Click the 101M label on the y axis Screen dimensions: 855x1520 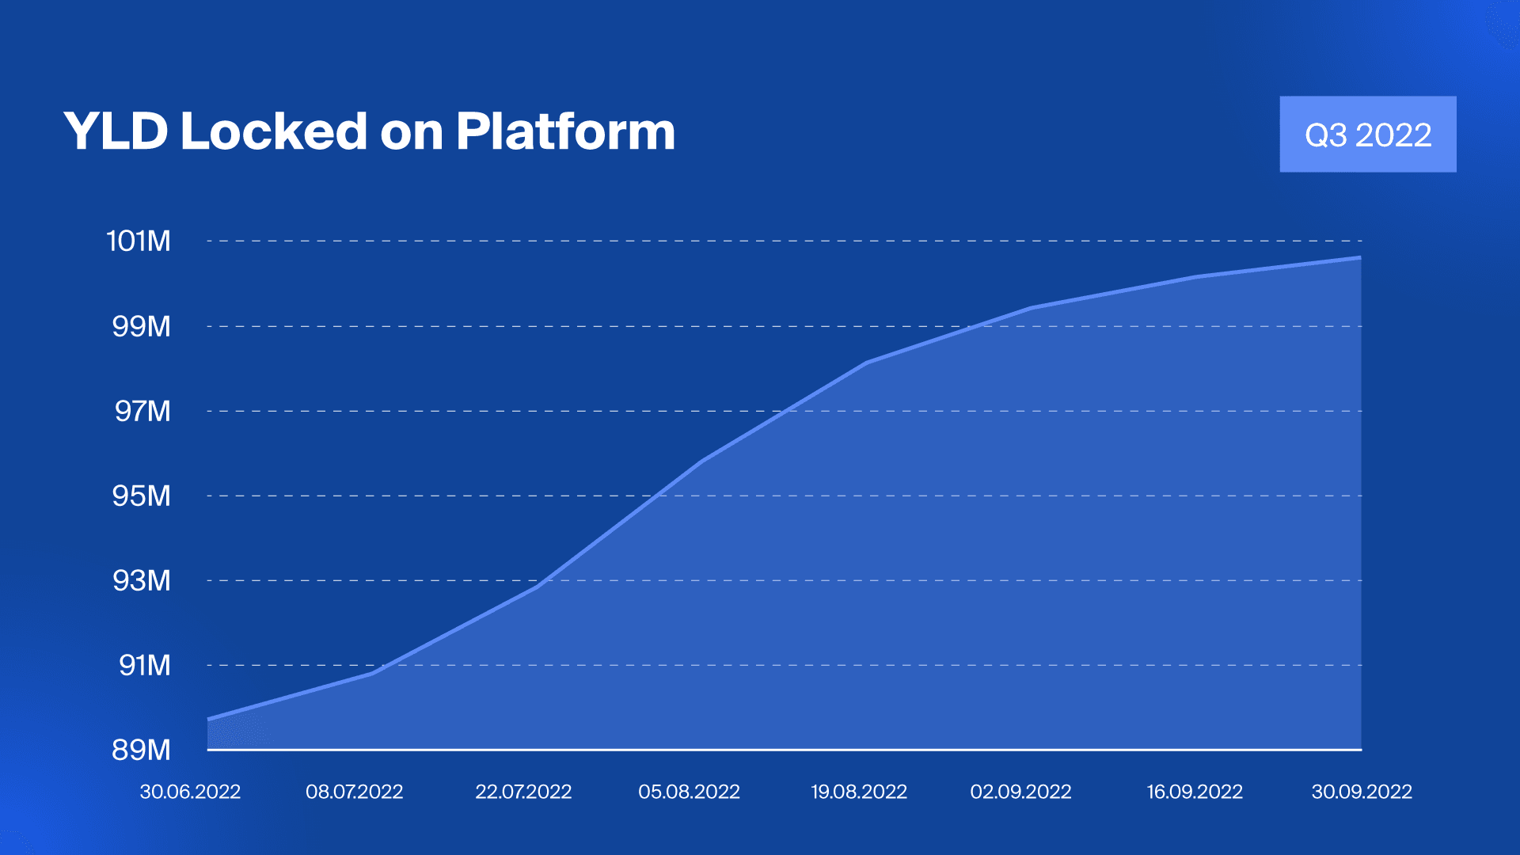pos(139,241)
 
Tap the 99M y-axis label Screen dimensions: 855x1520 pos(141,326)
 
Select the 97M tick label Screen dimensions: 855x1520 pos(142,411)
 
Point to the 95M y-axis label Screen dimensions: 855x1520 pos(141,496)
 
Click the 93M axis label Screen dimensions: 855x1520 pos(141,580)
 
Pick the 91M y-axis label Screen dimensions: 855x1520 pos(144,665)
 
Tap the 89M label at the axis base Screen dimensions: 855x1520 pos(141,750)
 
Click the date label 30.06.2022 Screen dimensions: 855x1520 pos(190,792)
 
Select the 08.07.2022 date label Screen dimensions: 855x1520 pos(354,792)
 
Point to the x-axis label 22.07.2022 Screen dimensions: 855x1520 pos(523,792)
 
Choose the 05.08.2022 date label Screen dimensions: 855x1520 pos(689,792)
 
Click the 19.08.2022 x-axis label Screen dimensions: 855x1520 pos(859,792)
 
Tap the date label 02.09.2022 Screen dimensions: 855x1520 pos(1020,792)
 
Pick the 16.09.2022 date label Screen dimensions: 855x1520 pos(1195,792)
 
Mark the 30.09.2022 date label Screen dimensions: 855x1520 pos(1362,792)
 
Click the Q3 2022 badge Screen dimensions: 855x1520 pos(1368,135)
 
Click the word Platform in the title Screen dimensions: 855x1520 pos(565,131)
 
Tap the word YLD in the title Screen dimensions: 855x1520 pos(116,131)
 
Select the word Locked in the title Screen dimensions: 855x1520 pos(274,131)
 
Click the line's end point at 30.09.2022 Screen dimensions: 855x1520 pos(1360,257)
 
